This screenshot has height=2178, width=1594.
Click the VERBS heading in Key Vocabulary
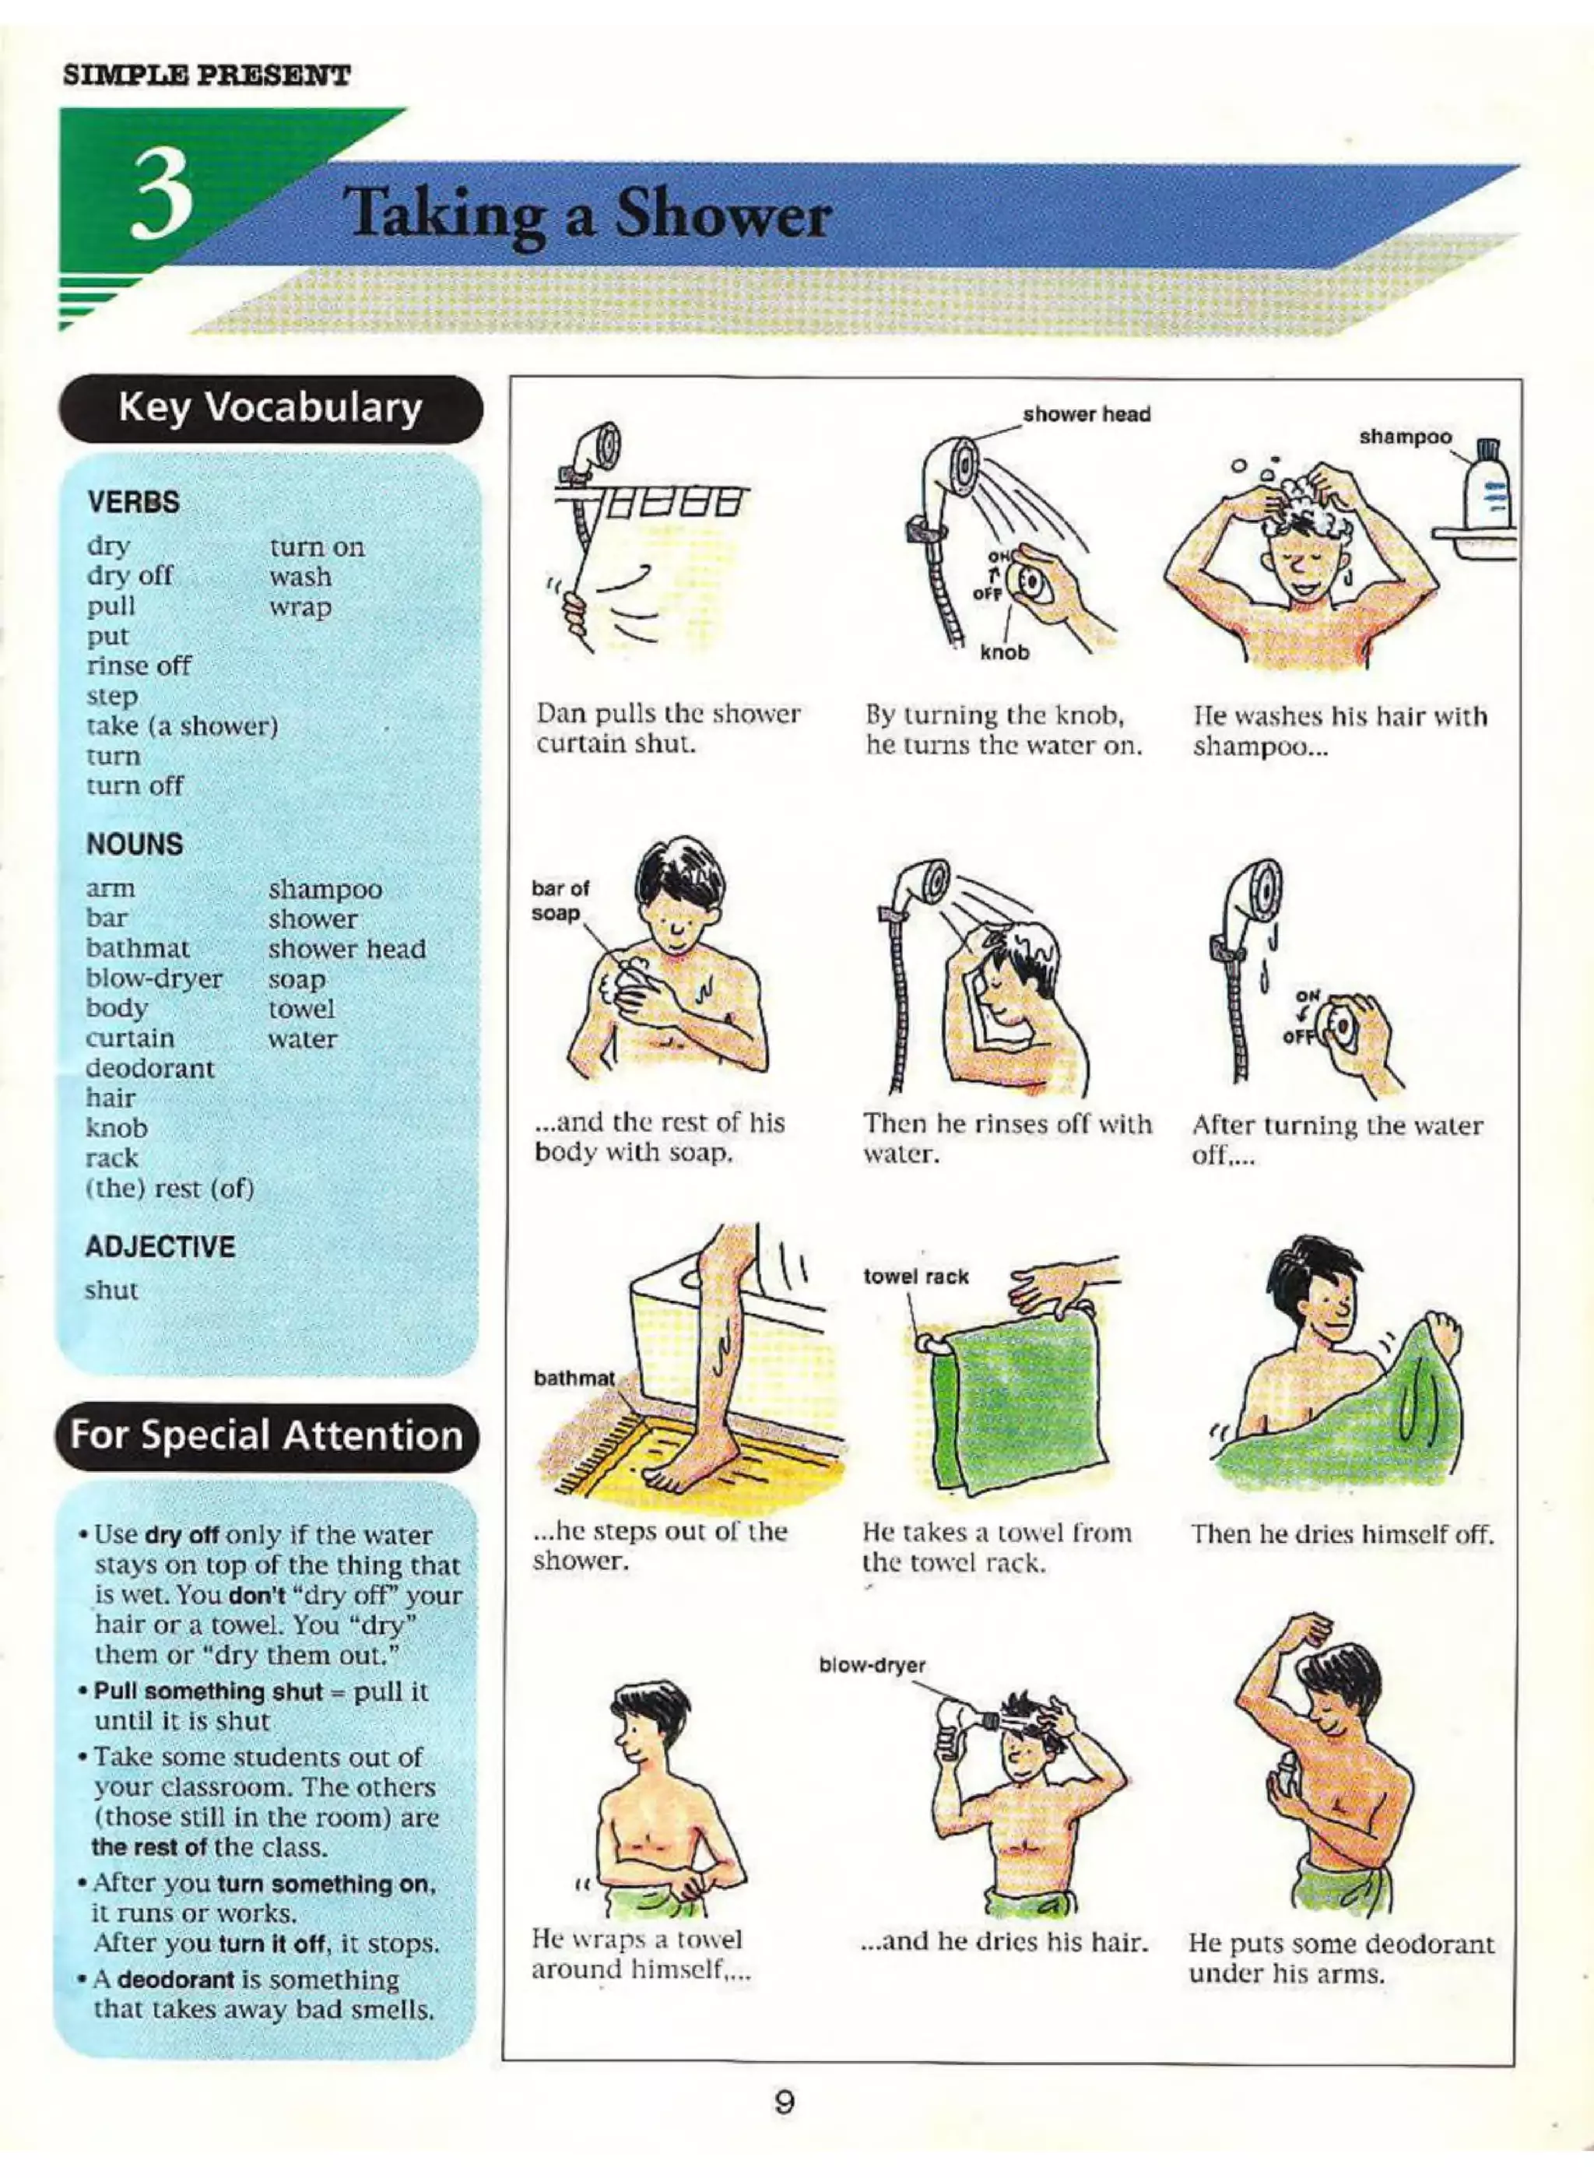pyautogui.click(x=133, y=503)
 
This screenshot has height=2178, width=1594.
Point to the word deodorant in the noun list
pyautogui.click(x=149, y=1068)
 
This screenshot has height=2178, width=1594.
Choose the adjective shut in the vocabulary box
pyautogui.click(x=112, y=1290)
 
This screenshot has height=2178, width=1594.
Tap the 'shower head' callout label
pyautogui.click(x=1087, y=415)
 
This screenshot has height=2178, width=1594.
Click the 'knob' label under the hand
pyautogui.click(x=1005, y=652)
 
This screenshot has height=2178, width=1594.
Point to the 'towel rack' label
pyautogui.click(x=915, y=1277)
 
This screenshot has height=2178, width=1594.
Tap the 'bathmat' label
pyautogui.click(x=573, y=1378)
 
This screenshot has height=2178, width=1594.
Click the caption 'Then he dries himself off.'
pyautogui.click(x=1342, y=1533)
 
